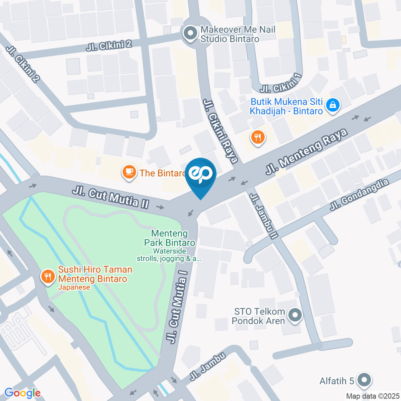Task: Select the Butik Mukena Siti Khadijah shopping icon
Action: [332, 105]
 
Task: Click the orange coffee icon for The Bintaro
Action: [129, 171]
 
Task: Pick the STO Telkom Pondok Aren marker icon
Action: [295, 316]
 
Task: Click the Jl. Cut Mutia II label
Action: [110, 198]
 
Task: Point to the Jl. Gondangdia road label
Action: [359, 194]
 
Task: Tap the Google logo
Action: [22, 393]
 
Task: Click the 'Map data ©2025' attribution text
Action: [373, 396]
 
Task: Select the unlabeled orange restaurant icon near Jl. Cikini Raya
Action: [258, 137]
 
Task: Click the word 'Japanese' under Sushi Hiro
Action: [74, 287]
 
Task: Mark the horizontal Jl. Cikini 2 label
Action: [109, 45]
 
